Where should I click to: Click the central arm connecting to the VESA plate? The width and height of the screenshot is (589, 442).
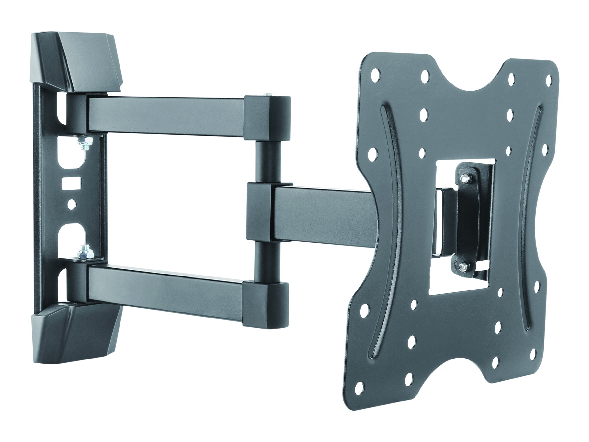(x=320, y=213)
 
